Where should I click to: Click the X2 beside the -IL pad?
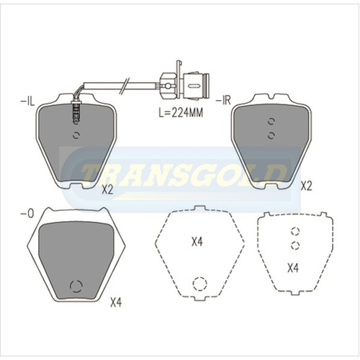click(x=107, y=190)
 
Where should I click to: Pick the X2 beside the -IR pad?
click(x=305, y=185)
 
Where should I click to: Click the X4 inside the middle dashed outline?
click(x=198, y=243)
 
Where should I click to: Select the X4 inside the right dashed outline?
click(x=293, y=269)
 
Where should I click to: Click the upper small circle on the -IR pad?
click(x=270, y=122)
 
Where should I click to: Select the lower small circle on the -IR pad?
click(x=270, y=135)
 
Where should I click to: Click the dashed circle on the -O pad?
click(x=75, y=285)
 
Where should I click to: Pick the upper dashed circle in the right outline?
click(x=294, y=232)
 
